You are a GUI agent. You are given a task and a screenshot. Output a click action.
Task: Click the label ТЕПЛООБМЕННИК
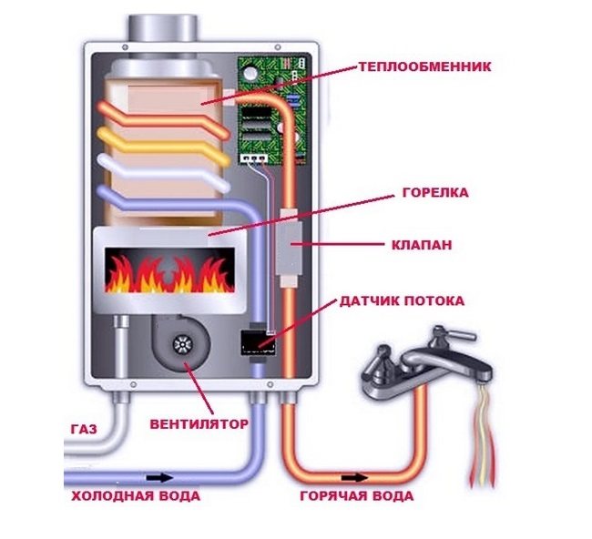click(424, 66)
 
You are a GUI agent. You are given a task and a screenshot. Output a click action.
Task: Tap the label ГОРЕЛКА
click(435, 192)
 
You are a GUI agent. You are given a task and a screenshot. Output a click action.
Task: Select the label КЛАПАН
click(422, 245)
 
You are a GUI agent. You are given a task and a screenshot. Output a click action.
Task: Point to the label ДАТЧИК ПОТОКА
click(402, 300)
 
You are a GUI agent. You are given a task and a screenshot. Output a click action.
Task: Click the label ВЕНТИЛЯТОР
click(199, 424)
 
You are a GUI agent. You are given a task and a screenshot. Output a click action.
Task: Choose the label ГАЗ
click(84, 430)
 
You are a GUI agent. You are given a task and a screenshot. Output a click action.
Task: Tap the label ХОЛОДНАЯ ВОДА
click(136, 495)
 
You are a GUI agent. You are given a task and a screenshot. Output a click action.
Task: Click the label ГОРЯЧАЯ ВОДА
click(357, 495)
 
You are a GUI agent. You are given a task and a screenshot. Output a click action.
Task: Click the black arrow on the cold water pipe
click(159, 478)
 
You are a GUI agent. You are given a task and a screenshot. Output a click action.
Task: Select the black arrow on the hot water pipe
click(354, 478)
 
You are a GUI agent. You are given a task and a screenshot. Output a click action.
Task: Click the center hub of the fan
click(183, 344)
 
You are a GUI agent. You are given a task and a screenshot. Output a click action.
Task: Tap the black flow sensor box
click(259, 342)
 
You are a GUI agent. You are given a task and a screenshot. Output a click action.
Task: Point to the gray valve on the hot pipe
click(289, 247)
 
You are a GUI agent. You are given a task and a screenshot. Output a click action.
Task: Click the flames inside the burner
click(169, 274)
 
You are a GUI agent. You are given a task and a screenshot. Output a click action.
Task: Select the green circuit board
click(271, 110)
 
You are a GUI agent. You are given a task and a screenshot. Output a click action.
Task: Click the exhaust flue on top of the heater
click(162, 28)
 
